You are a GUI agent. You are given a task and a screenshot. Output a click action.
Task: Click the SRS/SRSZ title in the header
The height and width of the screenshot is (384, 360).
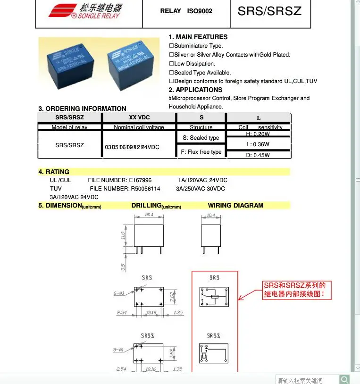269,11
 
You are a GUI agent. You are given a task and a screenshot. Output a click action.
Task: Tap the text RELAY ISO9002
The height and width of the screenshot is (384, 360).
186,11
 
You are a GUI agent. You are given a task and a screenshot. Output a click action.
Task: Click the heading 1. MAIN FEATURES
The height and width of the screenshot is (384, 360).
198,37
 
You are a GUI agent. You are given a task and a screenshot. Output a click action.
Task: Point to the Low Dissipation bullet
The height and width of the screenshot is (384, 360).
194,64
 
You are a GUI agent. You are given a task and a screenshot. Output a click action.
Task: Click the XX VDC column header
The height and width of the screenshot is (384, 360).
139,117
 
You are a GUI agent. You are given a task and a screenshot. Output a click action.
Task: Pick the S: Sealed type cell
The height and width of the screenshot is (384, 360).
201,138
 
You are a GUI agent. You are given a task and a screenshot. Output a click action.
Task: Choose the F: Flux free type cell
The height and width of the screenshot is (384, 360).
201,152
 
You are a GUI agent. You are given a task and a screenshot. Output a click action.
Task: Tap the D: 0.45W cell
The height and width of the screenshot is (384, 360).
258,155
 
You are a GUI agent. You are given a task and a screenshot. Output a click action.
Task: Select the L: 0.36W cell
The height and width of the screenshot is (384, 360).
258,144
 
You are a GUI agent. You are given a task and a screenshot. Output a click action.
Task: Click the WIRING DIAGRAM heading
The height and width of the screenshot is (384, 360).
235,205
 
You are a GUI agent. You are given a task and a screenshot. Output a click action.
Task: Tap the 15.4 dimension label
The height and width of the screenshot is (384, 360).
149,215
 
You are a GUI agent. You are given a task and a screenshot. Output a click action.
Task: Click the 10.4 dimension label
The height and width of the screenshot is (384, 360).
211,215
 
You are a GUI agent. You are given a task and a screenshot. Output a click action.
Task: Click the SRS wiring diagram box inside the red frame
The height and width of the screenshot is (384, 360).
214,297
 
